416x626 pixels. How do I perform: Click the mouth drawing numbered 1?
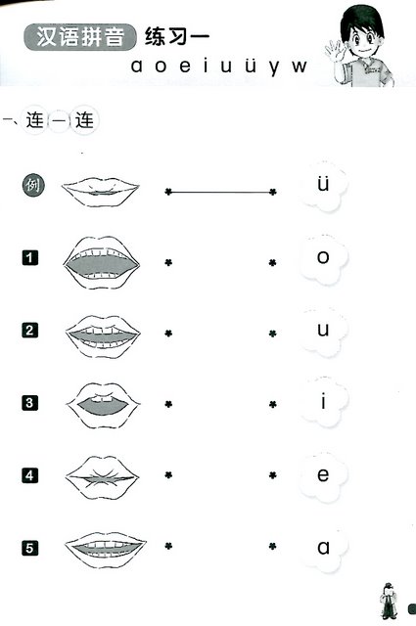(102, 263)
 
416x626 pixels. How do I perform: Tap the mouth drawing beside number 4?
(102, 477)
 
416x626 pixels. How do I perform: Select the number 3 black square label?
(29, 403)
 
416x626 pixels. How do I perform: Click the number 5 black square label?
(29, 548)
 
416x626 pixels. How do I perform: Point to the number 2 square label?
(29, 331)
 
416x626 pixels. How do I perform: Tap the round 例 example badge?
(33, 186)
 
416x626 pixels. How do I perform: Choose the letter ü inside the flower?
(323, 184)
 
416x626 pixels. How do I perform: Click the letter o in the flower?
(323, 257)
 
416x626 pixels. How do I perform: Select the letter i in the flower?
(323, 401)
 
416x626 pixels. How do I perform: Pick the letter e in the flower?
(323, 474)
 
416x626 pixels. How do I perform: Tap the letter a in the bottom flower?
(323, 548)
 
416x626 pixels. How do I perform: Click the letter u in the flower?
(323, 330)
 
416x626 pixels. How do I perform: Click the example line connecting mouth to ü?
(220, 193)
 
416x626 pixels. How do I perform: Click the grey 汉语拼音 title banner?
(80, 37)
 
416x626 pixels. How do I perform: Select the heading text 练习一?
(177, 37)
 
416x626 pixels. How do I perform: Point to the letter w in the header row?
(299, 67)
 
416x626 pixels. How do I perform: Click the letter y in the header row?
(274, 67)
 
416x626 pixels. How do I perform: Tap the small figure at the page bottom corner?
(388, 601)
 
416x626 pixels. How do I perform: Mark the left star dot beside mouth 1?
(168, 263)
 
